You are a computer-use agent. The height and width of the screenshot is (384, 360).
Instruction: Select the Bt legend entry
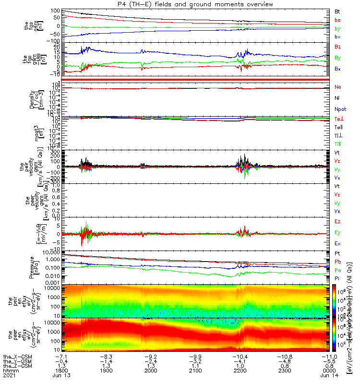337,11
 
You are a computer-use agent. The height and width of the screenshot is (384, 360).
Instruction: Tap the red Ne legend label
337,87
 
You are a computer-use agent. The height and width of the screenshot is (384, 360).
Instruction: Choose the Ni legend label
337,98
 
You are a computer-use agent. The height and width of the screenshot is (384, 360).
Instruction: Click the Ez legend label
337,221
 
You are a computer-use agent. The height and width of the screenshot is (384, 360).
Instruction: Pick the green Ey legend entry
337,233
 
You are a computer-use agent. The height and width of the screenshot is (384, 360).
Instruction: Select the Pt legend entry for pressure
337,252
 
